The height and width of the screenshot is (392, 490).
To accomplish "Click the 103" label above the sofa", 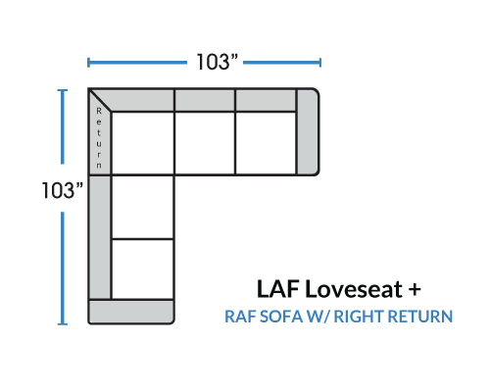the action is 217,62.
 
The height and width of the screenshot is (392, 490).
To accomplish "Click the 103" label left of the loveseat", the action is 63,190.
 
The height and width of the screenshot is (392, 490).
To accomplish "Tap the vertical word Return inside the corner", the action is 99,138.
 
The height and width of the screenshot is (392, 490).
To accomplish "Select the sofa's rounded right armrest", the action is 308,131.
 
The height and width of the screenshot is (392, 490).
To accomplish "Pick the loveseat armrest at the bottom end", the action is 131,312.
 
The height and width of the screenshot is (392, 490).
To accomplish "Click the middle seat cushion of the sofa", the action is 205,143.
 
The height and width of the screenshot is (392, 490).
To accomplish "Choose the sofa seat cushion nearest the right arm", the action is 266,143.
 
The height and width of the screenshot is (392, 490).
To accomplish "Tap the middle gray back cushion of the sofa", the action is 205,101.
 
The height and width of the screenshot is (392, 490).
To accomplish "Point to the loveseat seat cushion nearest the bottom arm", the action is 142,269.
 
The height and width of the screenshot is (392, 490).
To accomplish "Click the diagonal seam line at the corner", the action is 100,100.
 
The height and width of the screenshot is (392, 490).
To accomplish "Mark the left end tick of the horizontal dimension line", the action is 88,63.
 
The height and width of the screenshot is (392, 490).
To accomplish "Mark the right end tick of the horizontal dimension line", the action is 320,63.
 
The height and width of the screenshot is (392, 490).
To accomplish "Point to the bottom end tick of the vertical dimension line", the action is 63,324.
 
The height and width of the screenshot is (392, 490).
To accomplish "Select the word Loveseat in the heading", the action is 354,289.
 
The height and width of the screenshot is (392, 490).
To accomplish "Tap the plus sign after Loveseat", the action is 415,289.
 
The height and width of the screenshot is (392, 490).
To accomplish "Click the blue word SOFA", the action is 281,317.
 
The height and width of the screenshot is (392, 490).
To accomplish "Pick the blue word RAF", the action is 240,317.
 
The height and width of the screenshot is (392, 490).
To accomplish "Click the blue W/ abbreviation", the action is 318,317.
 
